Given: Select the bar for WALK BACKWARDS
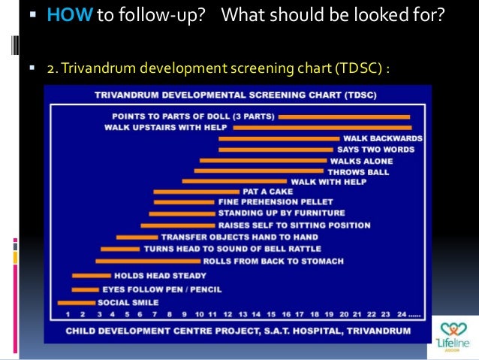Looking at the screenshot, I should pyautogui.click(x=279, y=138).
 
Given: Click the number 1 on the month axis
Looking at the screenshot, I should pyautogui.click(x=68, y=314).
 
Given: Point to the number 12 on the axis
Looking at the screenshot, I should pyautogui.click(x=227, y=314).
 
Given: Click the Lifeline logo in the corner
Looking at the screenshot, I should pyautogui.click(x=453, y=337).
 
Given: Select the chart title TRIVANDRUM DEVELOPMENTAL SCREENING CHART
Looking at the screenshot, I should pyautogui.click(x=236, y=95).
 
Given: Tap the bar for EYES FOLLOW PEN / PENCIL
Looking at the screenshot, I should pyautogui.click(x=85, y=289).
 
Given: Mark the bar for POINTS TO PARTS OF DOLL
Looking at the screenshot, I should pyautogui.click(x=344, y=116).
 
